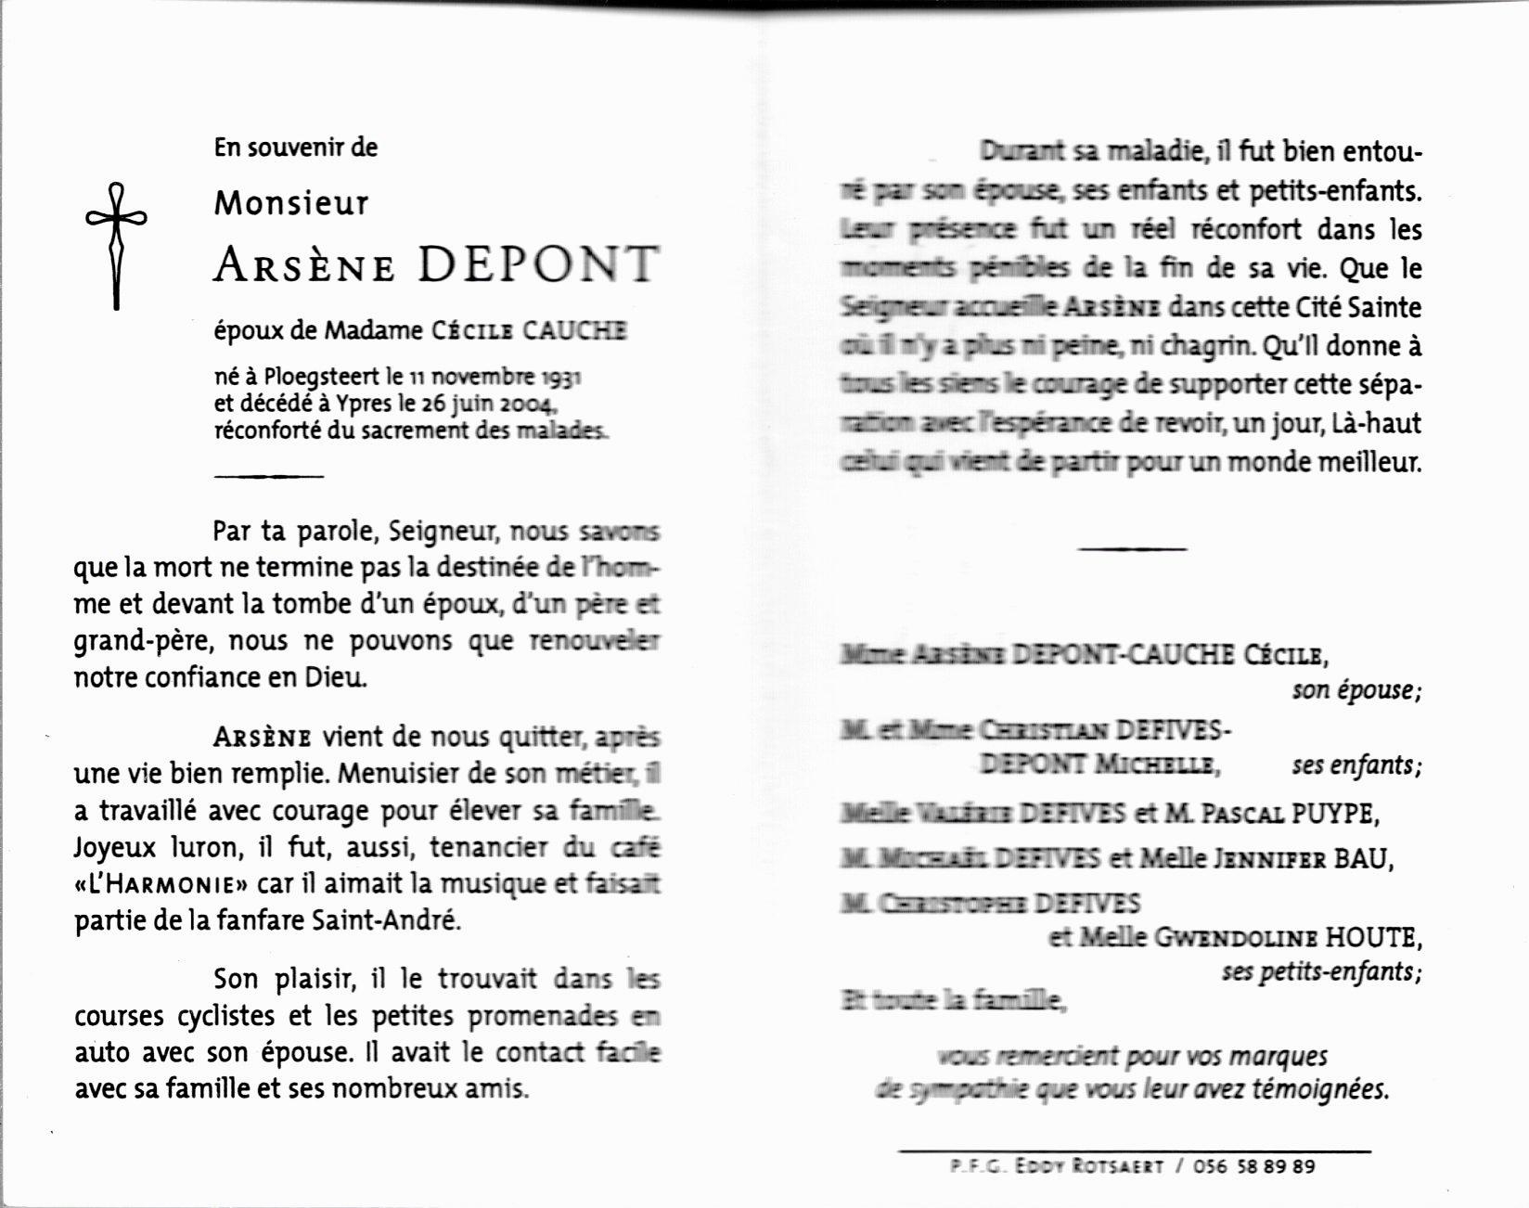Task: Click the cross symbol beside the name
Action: [x=116, y=245]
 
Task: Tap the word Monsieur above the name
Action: [x=291, y=203]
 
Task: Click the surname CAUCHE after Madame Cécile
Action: [x=575, y=330]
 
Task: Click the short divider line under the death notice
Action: [x=269, y=476]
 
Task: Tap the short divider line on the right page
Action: [x=1132, y=549]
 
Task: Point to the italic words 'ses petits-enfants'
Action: [x=1320, y=972]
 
